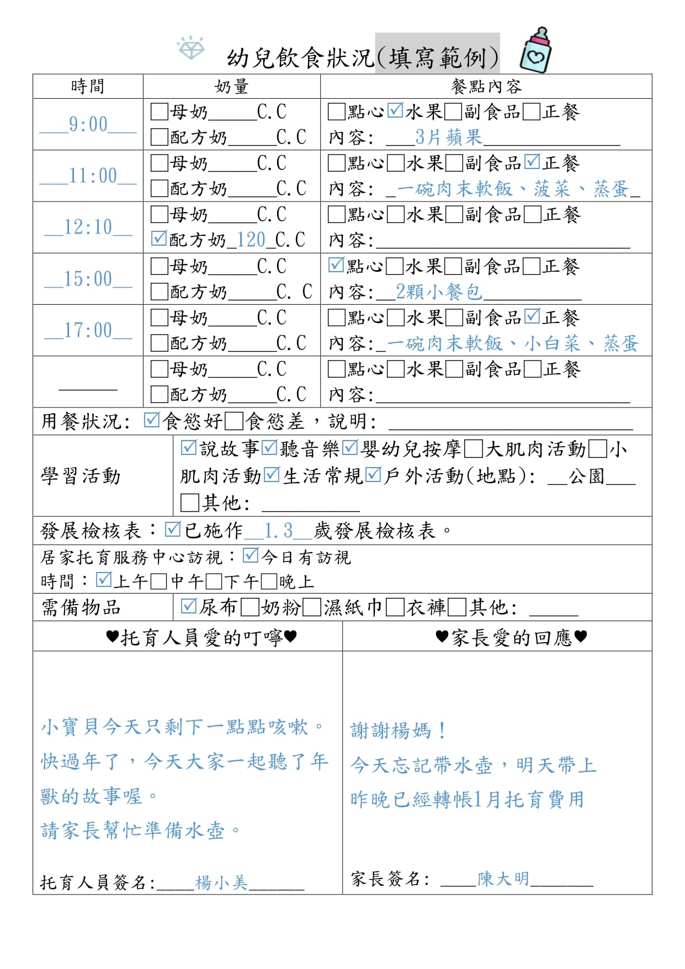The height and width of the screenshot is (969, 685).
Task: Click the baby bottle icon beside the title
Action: (535, 51)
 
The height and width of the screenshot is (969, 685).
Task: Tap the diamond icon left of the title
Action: (190, 48)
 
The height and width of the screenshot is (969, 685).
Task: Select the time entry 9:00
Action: (88, 125)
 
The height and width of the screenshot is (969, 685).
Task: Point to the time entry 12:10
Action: (88, 227)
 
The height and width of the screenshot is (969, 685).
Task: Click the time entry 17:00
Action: (88, 330)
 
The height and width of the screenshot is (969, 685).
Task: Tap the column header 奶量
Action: (231, 87)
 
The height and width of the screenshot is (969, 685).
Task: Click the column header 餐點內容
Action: (486, 87)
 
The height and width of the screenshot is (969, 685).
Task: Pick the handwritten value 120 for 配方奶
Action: (251, 240)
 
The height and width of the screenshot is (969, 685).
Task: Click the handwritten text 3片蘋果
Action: (448, 137)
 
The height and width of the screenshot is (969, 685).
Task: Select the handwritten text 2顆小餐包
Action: (439, 292)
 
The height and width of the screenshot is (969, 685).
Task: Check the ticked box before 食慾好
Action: (151, 421)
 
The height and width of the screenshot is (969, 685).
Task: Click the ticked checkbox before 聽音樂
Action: (269, 448)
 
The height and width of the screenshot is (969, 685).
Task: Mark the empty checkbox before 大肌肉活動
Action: (473, 449)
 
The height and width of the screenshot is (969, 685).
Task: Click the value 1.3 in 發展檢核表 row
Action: (278, 531)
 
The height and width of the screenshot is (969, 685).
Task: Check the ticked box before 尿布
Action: (189, 606)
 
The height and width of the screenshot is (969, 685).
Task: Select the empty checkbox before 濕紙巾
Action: (312, 607)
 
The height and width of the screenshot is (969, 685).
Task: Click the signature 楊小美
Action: (221, 883)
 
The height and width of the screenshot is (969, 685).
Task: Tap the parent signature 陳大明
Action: (503, 878)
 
